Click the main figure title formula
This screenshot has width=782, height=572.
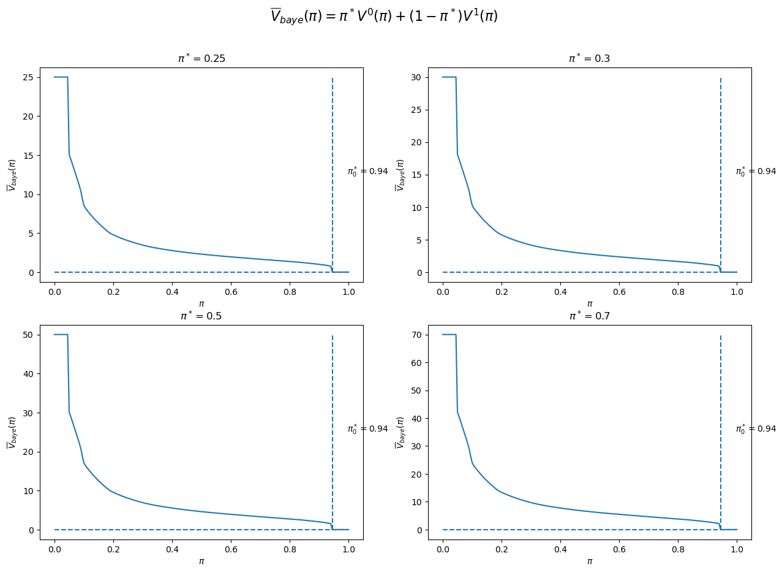coord(385,16)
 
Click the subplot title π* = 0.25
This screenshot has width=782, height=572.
coord(202,58)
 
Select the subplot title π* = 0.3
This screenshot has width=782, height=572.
coord(590,58)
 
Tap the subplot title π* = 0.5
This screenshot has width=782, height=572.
coord(201,316)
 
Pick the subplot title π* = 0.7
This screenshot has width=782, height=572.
coord(590,316)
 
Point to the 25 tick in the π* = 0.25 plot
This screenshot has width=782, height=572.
coord(28,77)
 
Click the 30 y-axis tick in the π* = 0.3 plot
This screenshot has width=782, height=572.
coord(416,77)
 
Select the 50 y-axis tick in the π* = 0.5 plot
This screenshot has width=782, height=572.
coord(28,335)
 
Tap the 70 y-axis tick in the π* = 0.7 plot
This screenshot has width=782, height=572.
coord(416,335)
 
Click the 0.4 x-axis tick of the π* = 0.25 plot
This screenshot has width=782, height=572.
coord(172,292)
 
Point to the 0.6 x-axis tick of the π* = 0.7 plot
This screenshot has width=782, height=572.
coord(619,550)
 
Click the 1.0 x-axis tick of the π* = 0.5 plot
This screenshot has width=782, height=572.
coord(349,550)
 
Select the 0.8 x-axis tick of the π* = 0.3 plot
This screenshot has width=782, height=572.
coord(679,292)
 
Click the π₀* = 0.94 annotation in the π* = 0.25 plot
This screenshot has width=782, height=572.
coord(367,172)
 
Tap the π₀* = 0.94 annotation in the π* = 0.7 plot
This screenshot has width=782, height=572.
coord(756,429)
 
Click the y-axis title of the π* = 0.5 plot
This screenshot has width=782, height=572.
coord(12,433)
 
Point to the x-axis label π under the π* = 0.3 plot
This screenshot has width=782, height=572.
coord(590,303)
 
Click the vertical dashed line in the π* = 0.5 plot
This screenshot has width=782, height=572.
coord(333,433)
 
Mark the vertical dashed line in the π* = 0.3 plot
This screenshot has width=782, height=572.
coord(721,175)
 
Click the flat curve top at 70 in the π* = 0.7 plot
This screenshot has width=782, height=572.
coord(449,335)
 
